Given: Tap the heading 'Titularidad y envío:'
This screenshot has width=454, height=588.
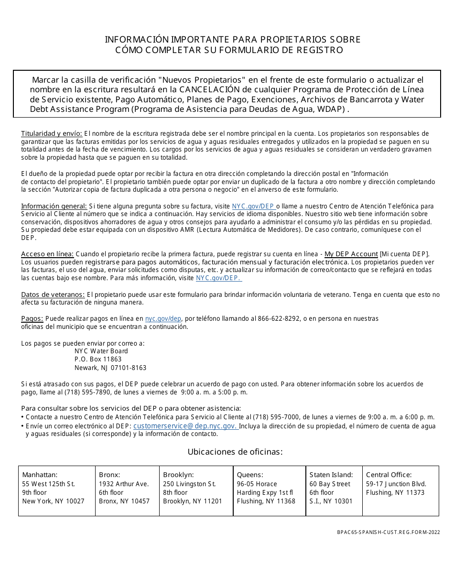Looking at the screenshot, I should [52, 133].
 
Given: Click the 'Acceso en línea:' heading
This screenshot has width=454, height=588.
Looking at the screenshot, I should [47, 254].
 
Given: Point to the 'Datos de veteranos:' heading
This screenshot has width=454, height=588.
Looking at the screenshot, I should [53, 294].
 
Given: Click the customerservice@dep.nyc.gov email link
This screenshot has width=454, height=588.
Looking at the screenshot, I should [185, 426].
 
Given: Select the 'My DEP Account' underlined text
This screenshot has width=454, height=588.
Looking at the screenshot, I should [351, 254].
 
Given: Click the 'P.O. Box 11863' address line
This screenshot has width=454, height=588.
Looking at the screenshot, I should [98, 359].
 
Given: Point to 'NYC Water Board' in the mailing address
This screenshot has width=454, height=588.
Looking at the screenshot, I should [101, 351].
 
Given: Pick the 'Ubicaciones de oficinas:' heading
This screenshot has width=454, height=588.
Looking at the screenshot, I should [235, 452].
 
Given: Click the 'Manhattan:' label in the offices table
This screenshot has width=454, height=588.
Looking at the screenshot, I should [40, 475].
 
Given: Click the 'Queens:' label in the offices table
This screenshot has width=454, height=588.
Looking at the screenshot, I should [250, 475].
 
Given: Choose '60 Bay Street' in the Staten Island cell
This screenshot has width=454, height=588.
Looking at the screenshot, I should [330, 484].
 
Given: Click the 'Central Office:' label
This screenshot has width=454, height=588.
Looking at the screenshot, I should [389, 475].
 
